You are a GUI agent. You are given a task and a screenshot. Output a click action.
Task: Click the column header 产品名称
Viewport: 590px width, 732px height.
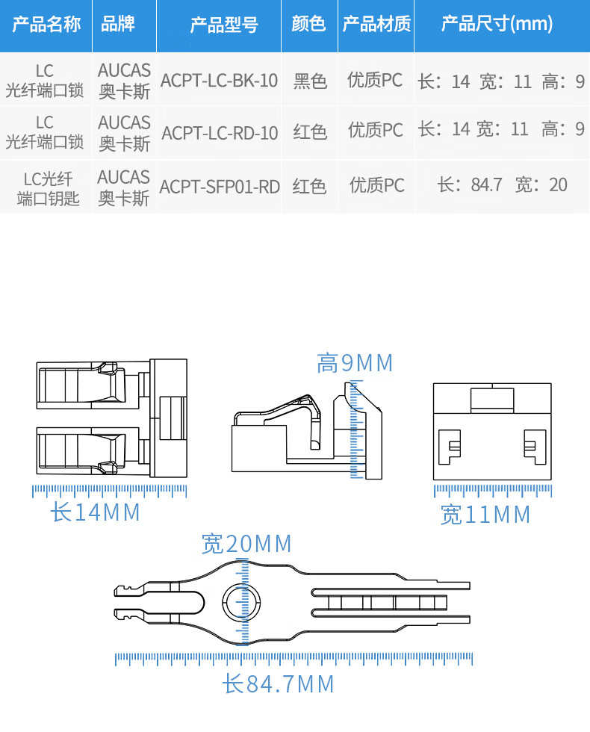click(46, 24)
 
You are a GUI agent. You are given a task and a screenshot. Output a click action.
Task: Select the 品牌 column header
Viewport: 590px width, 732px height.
click(118, 24)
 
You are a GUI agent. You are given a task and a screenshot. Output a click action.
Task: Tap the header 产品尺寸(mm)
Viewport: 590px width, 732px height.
click(497, 24)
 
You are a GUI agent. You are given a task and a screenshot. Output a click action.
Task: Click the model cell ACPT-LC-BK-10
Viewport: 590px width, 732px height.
click(219, 81)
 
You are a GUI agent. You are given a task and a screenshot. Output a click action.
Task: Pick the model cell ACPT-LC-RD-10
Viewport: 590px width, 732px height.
click(220, 133)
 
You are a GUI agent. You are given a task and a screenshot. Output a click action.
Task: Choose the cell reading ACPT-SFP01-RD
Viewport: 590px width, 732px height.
click(220, 187)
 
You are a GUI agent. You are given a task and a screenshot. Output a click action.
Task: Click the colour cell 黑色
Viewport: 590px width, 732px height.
click(309, 81)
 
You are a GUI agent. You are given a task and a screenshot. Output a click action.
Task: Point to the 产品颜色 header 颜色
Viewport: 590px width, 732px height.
click(308, 24)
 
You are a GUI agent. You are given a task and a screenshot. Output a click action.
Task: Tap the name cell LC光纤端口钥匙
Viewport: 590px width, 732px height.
click(48, 188)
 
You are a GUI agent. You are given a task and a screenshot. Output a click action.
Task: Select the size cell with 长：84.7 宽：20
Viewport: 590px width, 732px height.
click(502, 185)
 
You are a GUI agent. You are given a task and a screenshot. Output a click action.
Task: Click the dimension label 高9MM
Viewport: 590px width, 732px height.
click(355, 363)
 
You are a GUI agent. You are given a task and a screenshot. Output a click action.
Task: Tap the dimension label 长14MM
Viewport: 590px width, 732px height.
click(96, 512)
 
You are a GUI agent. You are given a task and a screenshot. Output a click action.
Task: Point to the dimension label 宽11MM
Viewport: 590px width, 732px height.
click(485, 515)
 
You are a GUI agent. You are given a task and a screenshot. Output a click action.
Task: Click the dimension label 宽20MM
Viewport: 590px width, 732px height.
click(246, 544)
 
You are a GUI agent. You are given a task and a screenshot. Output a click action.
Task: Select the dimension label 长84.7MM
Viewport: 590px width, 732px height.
click(278, 684)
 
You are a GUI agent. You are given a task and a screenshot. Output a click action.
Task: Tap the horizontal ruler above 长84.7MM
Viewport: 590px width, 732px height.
click(294, 659)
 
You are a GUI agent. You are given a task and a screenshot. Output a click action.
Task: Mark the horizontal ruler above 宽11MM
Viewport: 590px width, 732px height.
click(493, 491)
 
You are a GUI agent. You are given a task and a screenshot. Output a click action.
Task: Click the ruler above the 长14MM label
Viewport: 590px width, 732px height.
click(110, 491)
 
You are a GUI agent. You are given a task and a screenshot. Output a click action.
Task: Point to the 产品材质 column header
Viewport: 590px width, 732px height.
click(376, 24)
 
